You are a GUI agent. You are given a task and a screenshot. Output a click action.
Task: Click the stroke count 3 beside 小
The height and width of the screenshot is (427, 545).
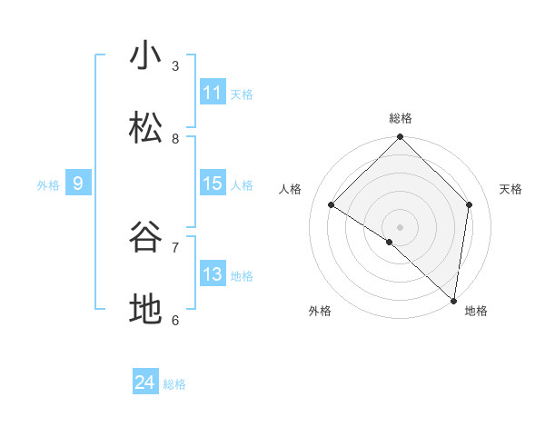point(175,65)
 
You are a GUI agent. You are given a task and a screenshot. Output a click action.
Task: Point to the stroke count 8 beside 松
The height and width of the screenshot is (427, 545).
point(175,138)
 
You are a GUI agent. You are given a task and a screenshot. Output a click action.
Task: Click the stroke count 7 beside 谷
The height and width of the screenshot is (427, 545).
point(175,247)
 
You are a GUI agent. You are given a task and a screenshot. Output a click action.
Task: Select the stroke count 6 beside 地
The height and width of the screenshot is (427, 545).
point(175,320)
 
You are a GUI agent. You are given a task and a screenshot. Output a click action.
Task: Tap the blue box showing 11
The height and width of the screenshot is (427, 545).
point(213,93)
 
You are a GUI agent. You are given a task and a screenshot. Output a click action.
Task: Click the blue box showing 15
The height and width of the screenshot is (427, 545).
point(213,184)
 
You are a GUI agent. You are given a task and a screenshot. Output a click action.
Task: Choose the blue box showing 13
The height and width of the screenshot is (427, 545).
point(213,274)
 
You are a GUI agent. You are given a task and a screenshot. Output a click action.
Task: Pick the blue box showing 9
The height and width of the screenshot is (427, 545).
point(78,184)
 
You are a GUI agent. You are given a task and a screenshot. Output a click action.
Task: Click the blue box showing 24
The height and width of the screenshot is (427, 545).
point(145,383)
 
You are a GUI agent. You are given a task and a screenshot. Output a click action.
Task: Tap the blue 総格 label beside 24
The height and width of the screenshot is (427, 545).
point(174,384)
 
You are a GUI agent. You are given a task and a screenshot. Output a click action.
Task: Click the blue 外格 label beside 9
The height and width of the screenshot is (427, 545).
point(48,184)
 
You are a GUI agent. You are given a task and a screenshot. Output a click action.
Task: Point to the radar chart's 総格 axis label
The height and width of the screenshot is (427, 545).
point(401,118)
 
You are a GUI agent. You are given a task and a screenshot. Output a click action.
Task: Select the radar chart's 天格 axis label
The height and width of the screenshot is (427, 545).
point(510,189)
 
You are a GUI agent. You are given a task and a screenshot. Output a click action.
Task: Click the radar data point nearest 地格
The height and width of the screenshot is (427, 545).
point(453,301)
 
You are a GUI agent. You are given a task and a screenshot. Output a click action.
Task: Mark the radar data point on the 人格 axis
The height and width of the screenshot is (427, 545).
point(332,205)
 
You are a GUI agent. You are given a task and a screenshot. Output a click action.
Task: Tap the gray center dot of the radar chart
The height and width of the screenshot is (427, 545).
point(401,226)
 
